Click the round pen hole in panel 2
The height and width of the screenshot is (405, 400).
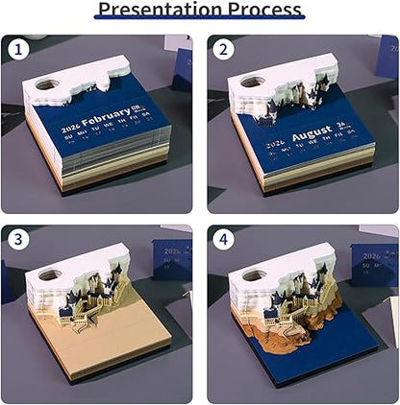pos(250,83)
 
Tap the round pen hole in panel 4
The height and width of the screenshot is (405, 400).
pos(249,275)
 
